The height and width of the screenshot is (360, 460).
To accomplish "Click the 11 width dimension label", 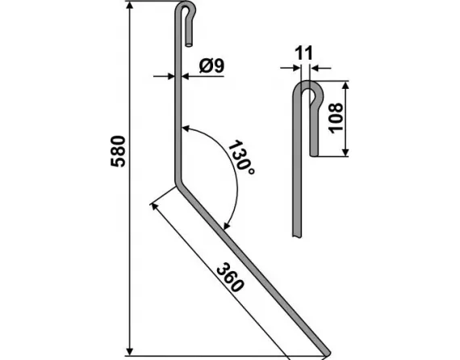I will click(303, 53).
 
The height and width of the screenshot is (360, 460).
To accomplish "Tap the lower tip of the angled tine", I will click(326, 351).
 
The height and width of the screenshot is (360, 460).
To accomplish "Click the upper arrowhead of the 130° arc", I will click(185, 127).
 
